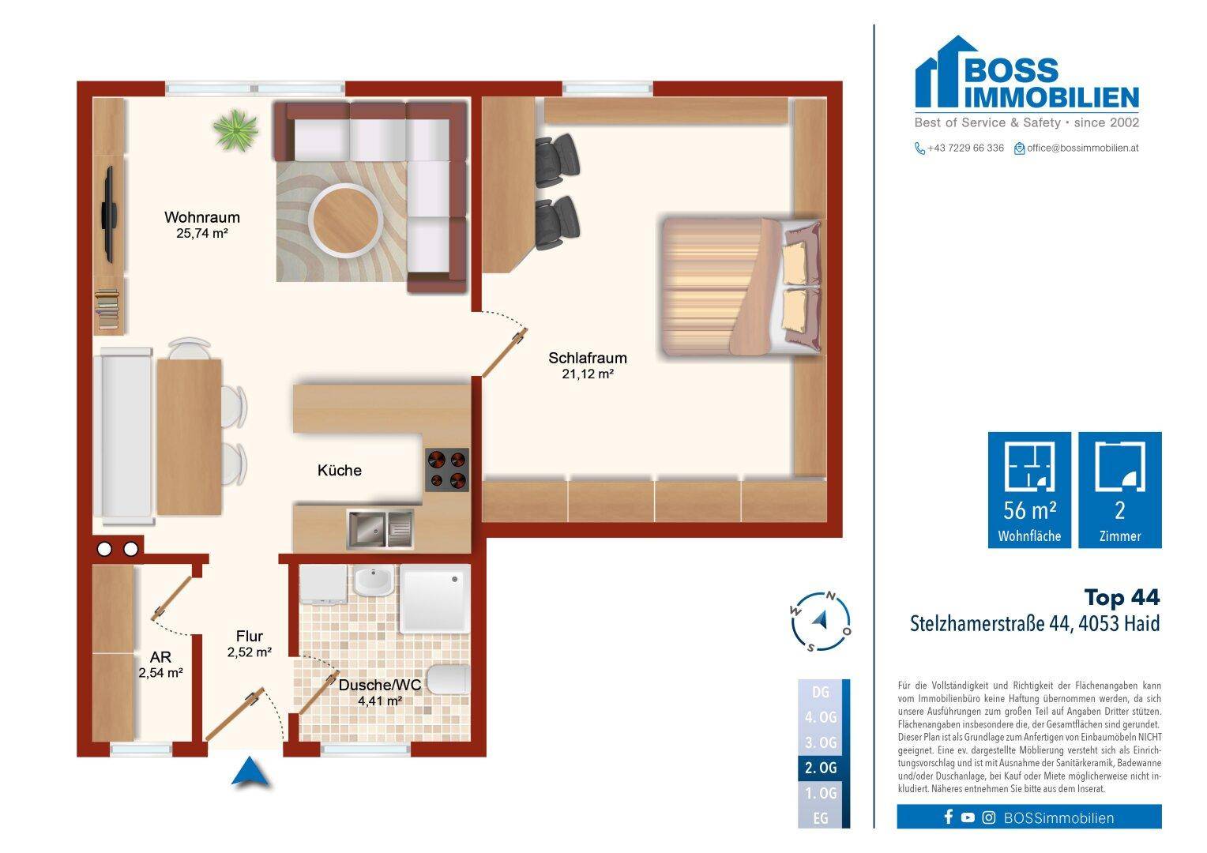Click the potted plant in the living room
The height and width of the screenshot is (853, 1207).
click(x=236, y=130)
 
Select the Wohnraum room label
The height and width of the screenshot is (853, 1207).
click(x=201, y=217)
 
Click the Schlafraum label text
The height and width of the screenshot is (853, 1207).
click(x=588, y=358)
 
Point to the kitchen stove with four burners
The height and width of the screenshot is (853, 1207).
click(x=446, y=470)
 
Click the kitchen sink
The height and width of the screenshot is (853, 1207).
click(x=379, y=528)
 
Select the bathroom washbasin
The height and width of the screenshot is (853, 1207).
click(x=373, y=583)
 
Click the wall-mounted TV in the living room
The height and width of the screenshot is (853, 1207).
click(x=110, y=214)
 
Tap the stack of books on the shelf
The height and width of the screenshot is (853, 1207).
click(x=108, y=310)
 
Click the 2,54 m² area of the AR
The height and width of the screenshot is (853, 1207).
click(x=160, y=673)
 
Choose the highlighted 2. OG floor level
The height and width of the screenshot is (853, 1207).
click(x=821, y=767)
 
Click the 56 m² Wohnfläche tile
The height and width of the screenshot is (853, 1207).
click(x=1029, y=490)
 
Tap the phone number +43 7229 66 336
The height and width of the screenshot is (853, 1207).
click(x=965, y=148)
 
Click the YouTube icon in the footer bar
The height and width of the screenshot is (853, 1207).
click(x=968, y=817)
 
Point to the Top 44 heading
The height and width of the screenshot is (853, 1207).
click(x=1122, y=597)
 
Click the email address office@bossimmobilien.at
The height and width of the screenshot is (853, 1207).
click(x=1082, y=148)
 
